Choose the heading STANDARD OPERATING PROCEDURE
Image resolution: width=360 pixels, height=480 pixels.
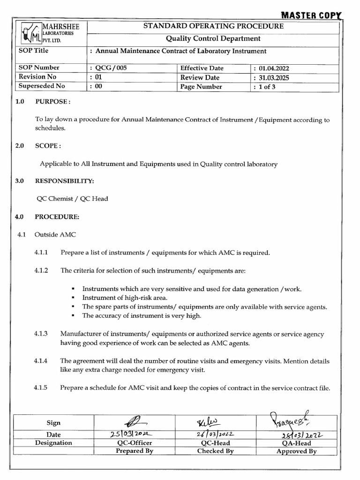click(213, 26)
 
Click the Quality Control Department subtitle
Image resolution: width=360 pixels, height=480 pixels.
click(213, 38)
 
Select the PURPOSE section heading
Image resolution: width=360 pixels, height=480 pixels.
click(52, 102)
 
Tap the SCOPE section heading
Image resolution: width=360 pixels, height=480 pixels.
click(48, 146)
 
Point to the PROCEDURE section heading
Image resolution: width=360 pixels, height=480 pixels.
click(57, 217)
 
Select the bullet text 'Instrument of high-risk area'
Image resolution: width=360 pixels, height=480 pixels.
click(125, 298)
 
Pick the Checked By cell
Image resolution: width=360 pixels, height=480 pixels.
click(215, 451)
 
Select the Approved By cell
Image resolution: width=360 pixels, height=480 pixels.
click(296, 451)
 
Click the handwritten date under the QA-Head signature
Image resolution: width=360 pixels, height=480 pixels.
click(296, 434)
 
